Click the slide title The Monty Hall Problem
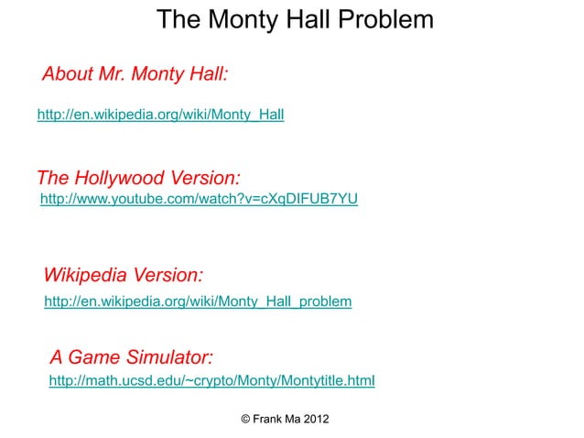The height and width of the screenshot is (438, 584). [295, 19]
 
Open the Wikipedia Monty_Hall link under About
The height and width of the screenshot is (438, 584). [160, 115]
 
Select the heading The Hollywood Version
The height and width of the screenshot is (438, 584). [138, 177]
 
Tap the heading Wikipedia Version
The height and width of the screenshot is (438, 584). [124, 275]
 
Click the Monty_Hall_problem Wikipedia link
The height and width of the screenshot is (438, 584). [198, 301]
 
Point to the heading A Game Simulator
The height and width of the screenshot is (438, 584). [132, 355]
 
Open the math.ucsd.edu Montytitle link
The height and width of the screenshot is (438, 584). [211, 379]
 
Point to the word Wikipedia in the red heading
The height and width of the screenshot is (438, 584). [86, 275]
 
